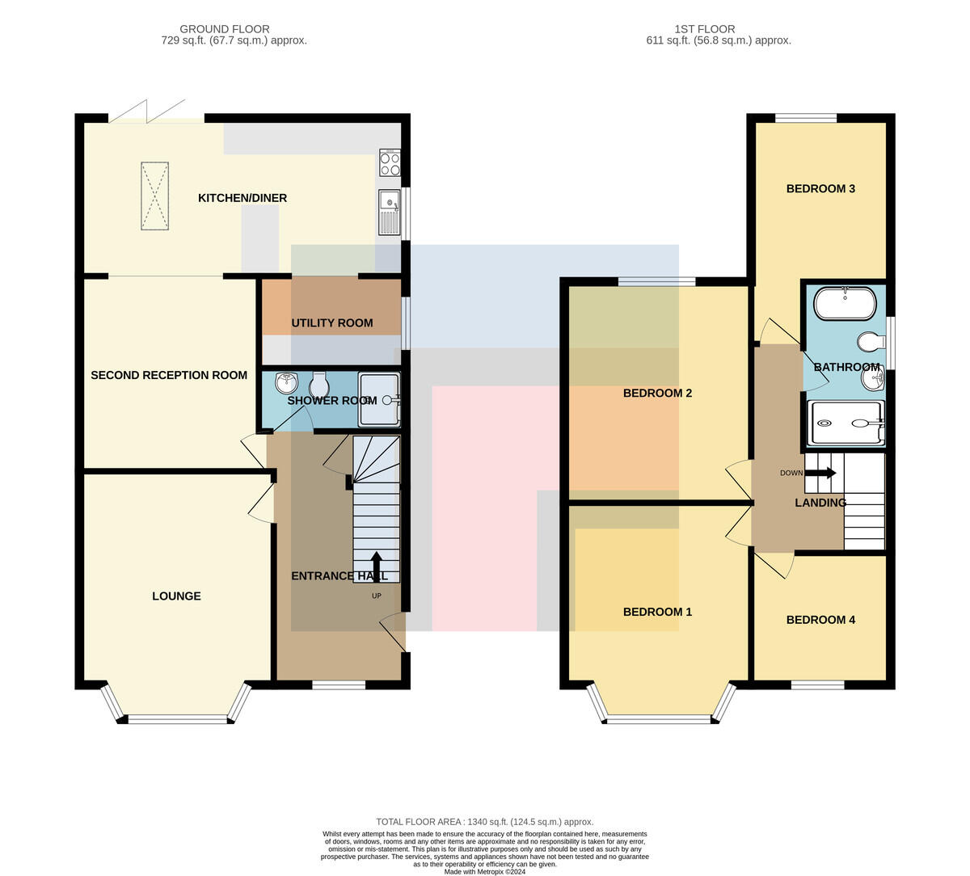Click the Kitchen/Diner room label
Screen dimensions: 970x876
coord(242,198)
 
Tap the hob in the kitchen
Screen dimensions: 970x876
coord(390,163)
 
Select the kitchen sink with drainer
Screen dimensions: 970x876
coord(390,213)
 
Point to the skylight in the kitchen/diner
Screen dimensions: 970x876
coord(154,196)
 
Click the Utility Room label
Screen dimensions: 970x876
coord(332,323)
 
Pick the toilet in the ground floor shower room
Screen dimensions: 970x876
coord(319,384)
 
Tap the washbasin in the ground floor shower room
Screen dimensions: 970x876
coord(286,382)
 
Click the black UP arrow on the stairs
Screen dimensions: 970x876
coord(376,567)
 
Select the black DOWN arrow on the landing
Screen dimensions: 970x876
coord(820,473)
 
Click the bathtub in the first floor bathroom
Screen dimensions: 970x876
coord(845,303)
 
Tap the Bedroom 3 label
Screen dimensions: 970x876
coord(820,188)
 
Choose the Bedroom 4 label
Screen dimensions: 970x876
coord(820,620)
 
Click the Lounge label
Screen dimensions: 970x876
coord(176,596)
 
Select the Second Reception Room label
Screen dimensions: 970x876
coord(169,375)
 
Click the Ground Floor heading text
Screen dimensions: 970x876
coord(225,29)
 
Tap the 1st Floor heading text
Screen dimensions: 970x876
coord(705,29)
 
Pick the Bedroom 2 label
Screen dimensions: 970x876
coord(657,393)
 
